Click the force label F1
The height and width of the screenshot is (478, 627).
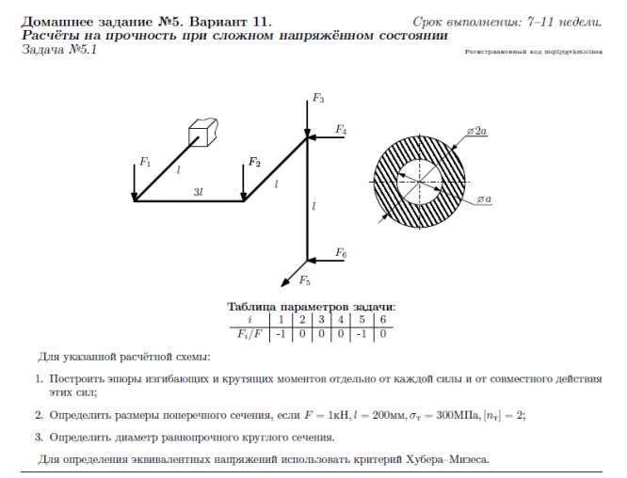click(145, 163)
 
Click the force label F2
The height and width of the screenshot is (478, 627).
click(254, 162)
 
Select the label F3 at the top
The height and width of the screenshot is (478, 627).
click(318, 99)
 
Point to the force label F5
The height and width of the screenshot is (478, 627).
click(304, 279)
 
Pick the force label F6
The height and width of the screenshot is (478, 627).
click(341, 254)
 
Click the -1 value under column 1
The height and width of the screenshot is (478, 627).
click(280, 332)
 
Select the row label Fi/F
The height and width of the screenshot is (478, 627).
click(247, 332)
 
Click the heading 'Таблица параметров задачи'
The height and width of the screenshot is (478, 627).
click(312, 307)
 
